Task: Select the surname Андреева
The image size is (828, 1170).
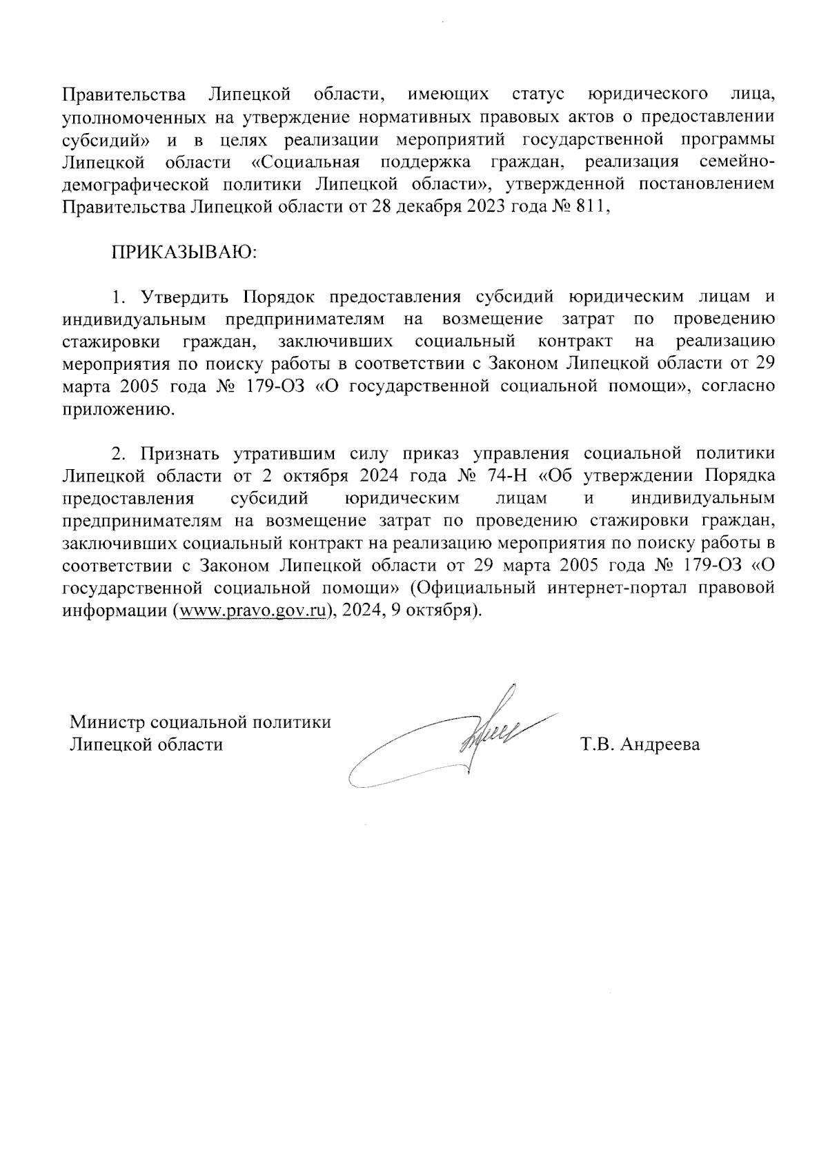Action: coord(660,744)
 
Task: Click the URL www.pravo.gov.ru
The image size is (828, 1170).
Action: coord(252,611)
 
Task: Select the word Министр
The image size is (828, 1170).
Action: coord(107,722)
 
